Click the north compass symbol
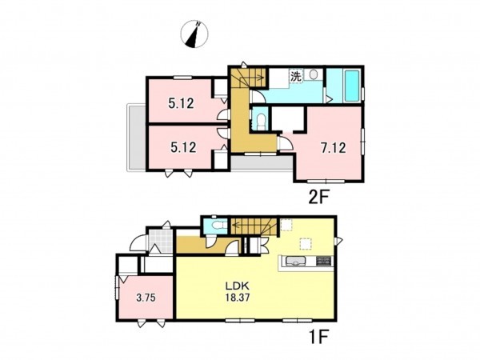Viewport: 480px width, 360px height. pyautogui.click(x=194, y=34)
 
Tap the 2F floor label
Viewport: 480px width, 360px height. pyautogui.click(x=318, y=198)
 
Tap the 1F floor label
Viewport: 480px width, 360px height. pyautogui.click(x=318, y=338)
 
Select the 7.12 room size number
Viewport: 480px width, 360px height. pyautogui.click(x=333, y=148)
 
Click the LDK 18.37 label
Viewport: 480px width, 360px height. pyautogui.click(x=238, y=292)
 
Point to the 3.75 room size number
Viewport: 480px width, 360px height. pyautogui.click(x=146, y=298)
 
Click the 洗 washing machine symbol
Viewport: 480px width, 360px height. pyautogui.click(x=296, y=76)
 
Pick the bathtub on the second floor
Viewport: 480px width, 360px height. pyautogui.click(x=352, y=86)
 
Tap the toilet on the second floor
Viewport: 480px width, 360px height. pyautogui.click(x=261, y=120)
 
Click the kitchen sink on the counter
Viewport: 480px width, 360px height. pyautogui.click(x=295, y=261)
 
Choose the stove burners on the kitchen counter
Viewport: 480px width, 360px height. pyautogui.click(x=323, y=261)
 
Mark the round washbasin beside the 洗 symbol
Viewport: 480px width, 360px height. pyautogui.click(x=313, y=75)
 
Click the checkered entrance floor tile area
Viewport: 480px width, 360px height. pyautogui.click(x=161, y=241)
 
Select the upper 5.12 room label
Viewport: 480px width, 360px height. pyautogui.click(x=181, y=103)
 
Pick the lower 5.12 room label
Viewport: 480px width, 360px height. pyautogui.click(x=183, y=147)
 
